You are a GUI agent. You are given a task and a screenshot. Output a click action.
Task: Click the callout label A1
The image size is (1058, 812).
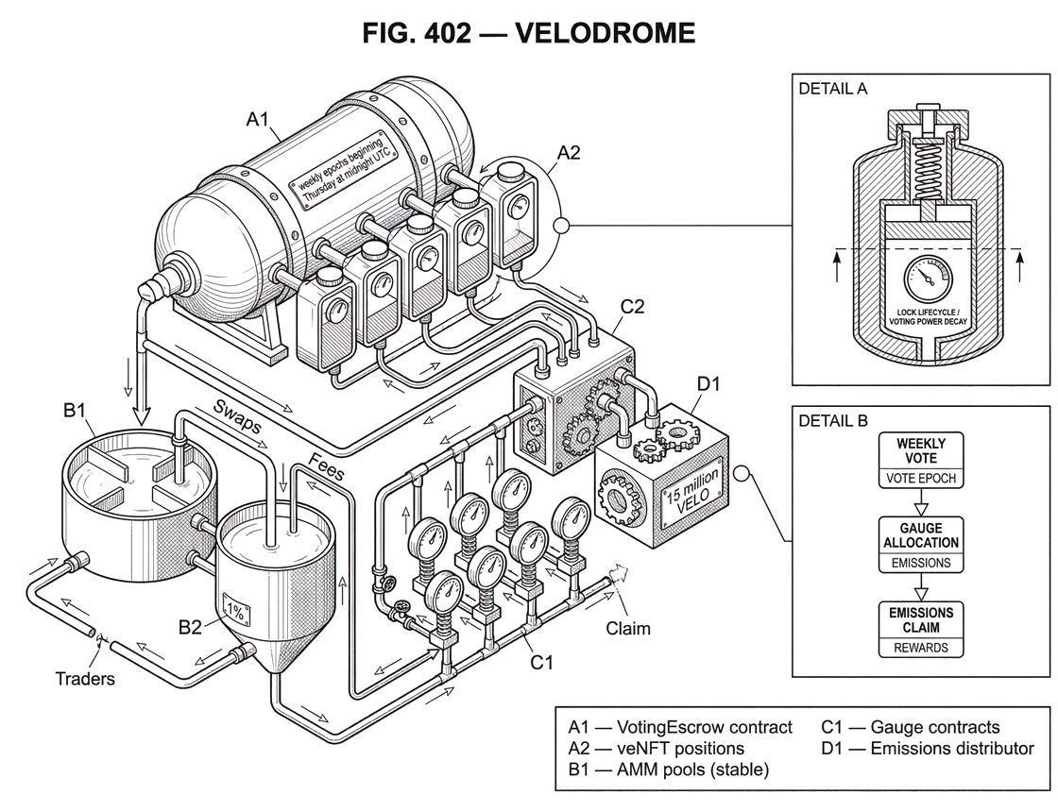[x=257, y=119]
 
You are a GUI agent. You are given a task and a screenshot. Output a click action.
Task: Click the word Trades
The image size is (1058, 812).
[x=87, y=677]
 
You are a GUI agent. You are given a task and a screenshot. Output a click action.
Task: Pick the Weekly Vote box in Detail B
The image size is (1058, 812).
[x=920, y=459]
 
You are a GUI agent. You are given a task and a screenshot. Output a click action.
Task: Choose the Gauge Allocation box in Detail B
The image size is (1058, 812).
[x=920, y=544]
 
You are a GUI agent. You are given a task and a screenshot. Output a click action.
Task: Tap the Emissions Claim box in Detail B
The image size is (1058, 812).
[x=920, y=628]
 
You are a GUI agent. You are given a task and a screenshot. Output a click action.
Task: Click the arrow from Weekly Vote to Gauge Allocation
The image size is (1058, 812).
[x=920, y=502]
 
